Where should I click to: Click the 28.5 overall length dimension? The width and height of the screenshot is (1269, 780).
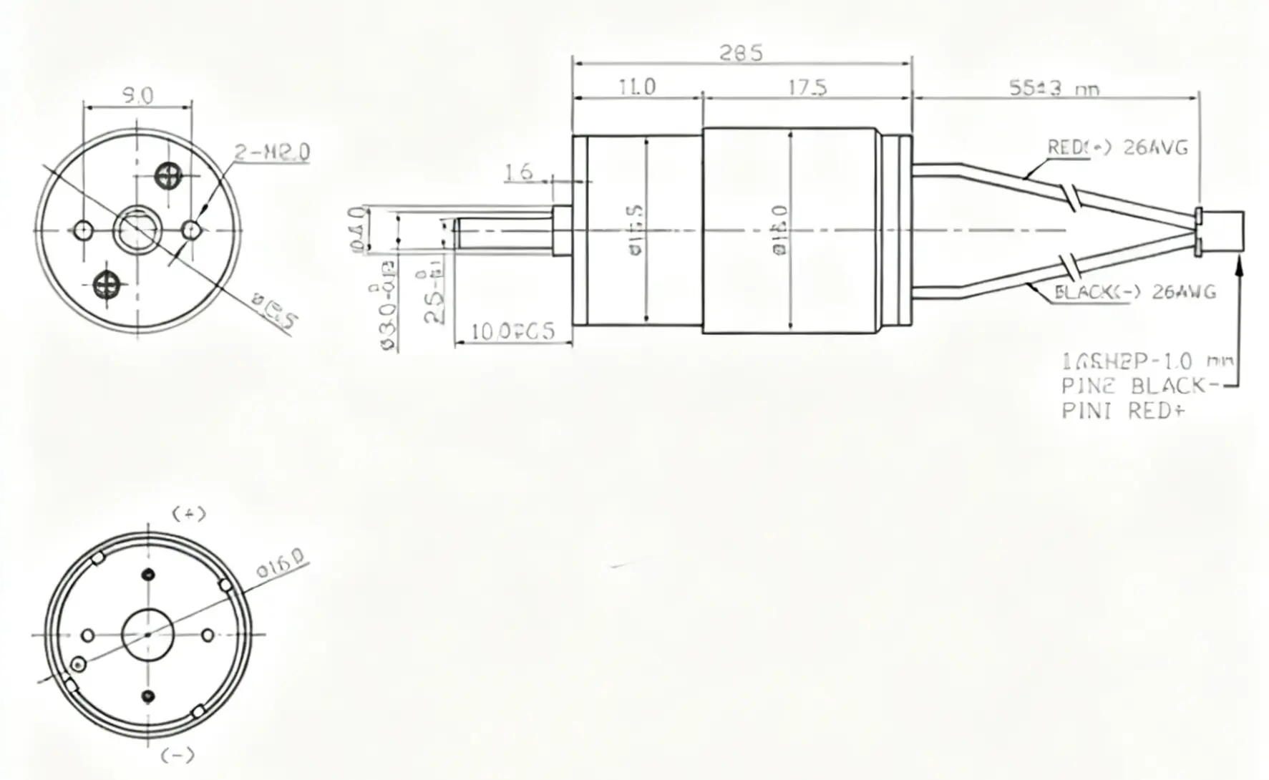coord(741,53)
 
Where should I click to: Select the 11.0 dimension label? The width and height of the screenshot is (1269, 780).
coord(636,87)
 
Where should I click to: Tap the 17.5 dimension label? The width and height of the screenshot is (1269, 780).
coord(807,87)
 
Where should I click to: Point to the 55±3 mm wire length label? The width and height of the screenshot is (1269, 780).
coord(1053,89)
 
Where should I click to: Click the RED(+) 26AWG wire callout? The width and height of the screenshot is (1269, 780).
coord(1117,148)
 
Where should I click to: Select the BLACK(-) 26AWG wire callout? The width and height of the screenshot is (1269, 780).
coord(1135,292)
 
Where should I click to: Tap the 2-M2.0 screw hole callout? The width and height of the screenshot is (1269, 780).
coord(272,152)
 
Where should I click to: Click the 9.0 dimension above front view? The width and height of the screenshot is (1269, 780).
coord(137,96)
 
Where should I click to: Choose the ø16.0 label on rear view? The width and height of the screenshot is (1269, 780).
coord(281,565)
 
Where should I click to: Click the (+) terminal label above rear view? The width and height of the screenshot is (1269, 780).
coord(189,514)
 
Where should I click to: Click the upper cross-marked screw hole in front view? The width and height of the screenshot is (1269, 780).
coord(169,175)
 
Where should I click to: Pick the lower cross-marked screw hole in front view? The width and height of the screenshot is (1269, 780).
coord(108,284)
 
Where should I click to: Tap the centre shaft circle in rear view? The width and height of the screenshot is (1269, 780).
coord(147,635)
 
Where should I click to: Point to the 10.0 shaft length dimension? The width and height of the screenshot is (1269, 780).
coord(512,332)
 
